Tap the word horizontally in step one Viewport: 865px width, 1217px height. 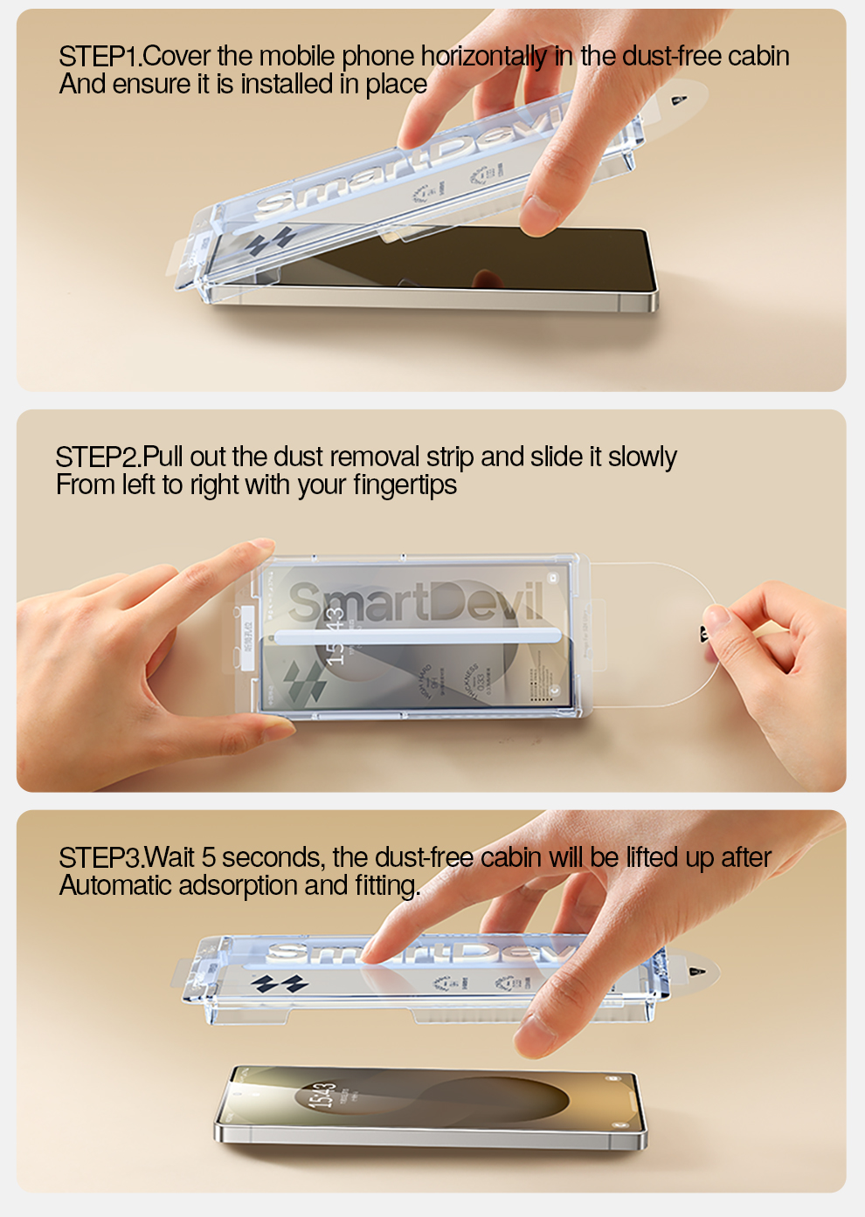pyautogui.click(x=485, y=57)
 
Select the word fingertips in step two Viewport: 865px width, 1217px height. pyautogui.click(x=405, y=485)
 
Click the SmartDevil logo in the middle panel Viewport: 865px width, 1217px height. pyautogui.click(x=416, y=602)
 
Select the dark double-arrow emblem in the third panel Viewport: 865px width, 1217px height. pyautogui.click(x=280, y=985)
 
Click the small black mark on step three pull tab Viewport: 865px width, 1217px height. pyautogui.click(x=695, y=972)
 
